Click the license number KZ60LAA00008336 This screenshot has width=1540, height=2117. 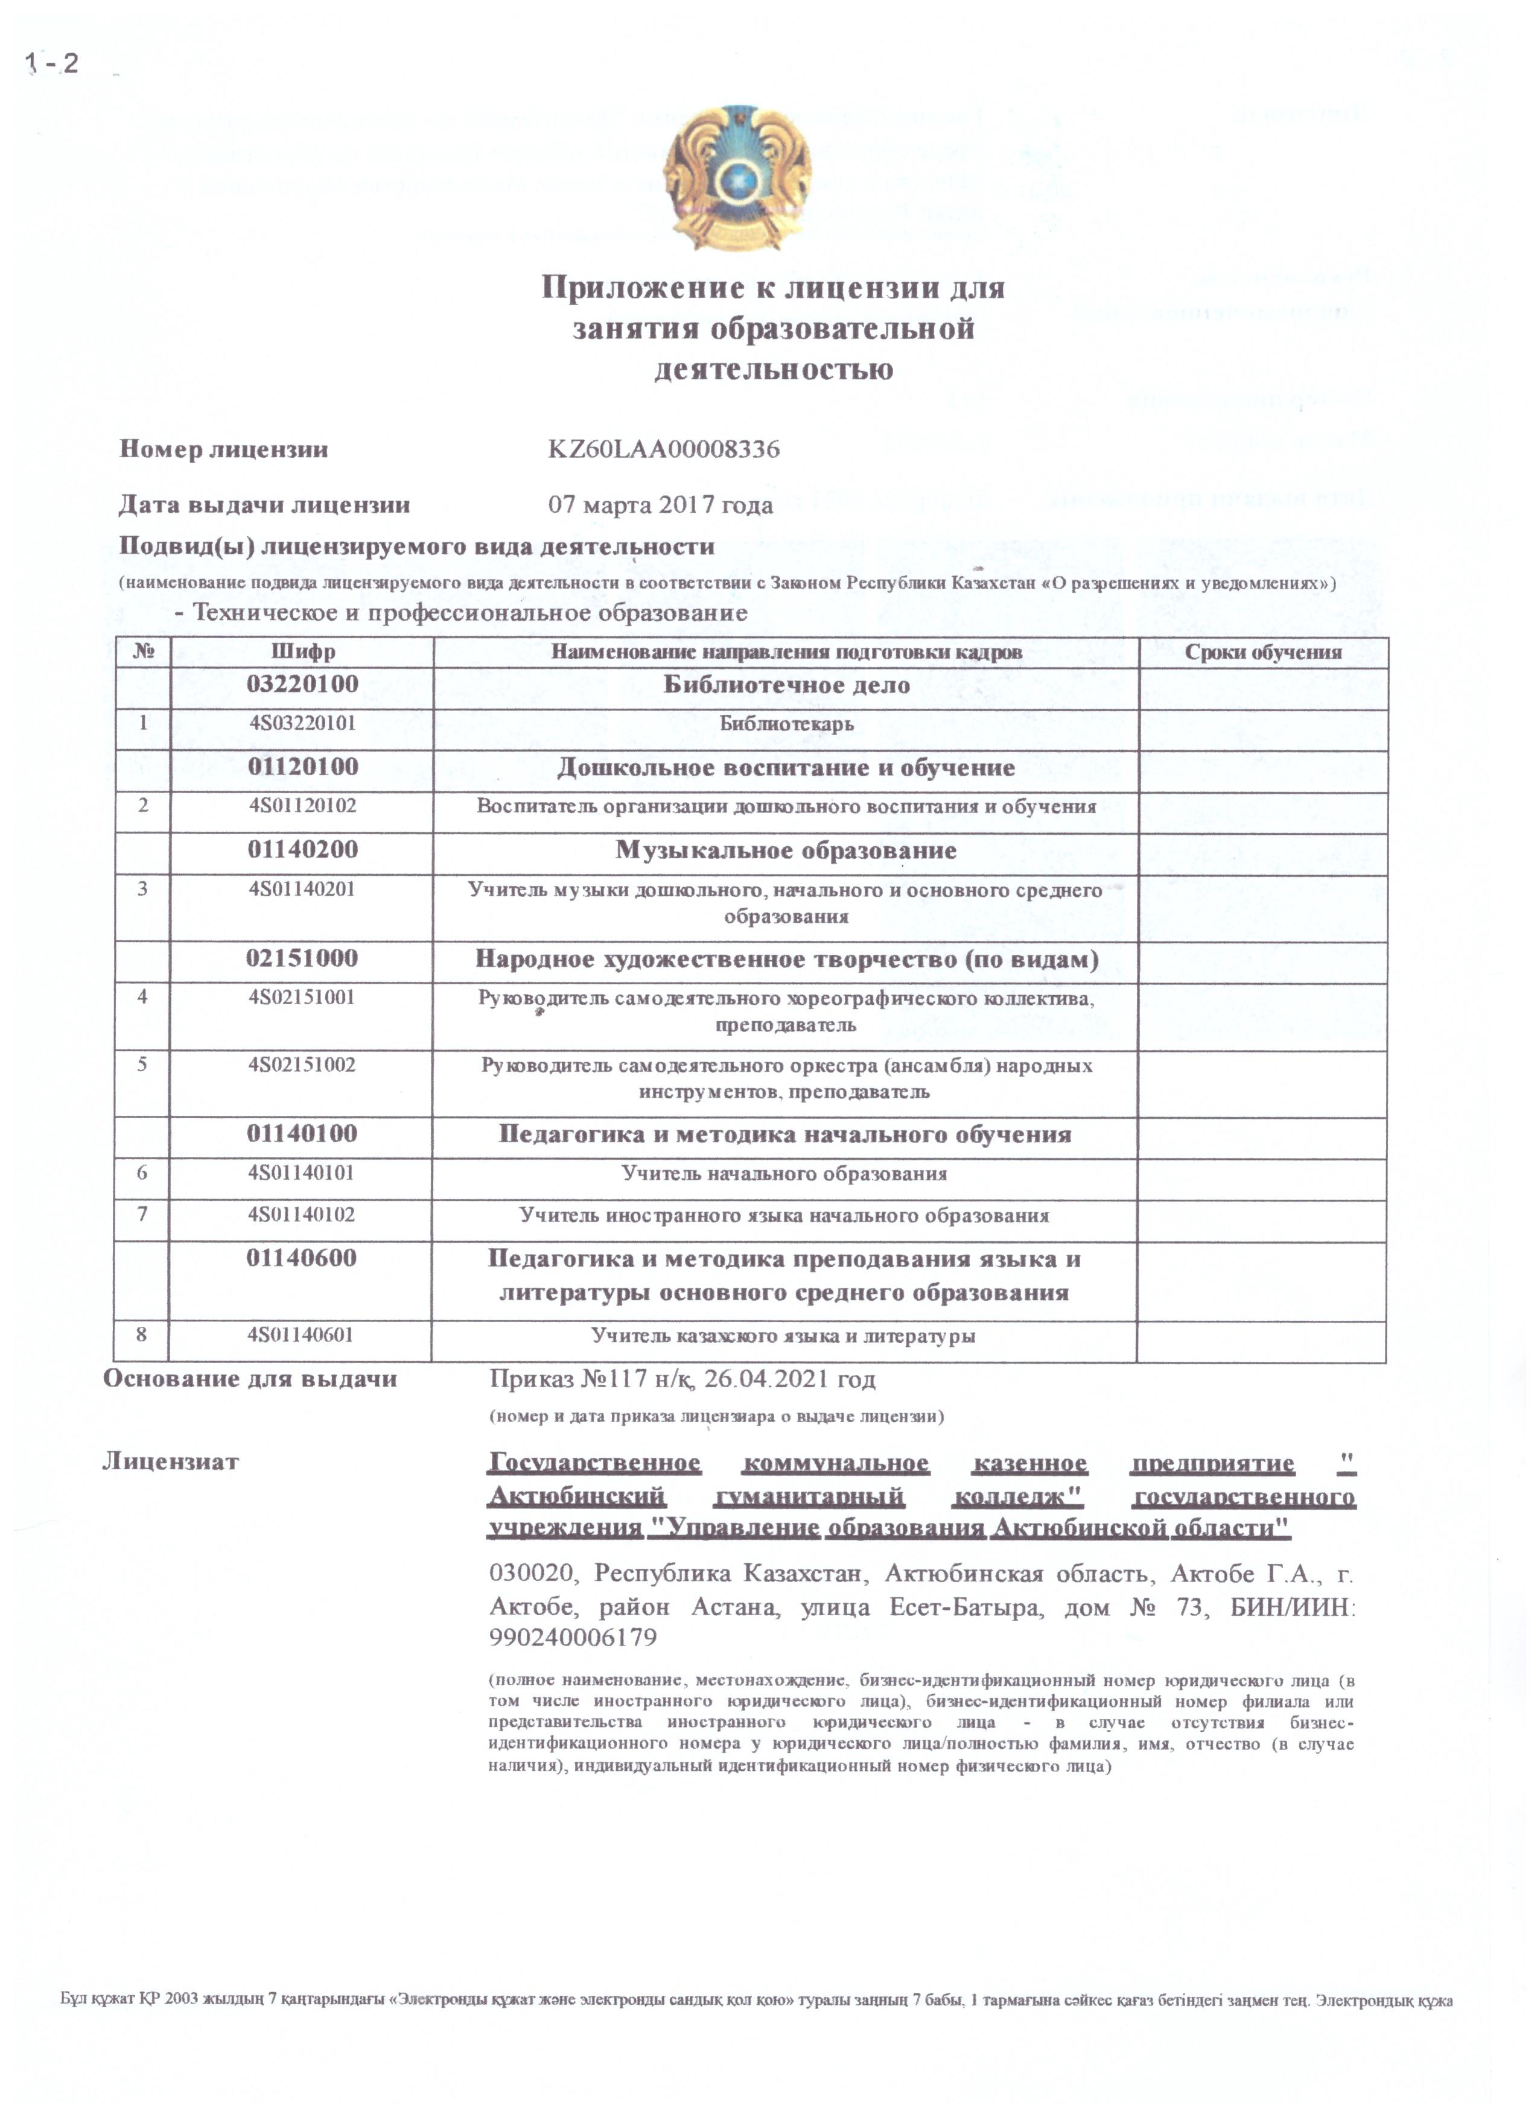pyautogui.click(x=663, y=450)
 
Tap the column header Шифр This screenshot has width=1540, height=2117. pyautogui.click(x=302, y=651)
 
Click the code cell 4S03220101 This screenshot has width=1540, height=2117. pyautogui.click(x=302, y=723)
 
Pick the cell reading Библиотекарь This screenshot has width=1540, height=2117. pyautogui.click(x=786, y=723)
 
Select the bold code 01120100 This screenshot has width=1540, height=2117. pyautogui.click(x=302, y=767)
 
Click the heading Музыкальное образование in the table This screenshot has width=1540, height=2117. pyautogui.click(x=786, y=850)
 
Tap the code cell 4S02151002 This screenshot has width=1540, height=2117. pyautogui.click(x=302, y=1065)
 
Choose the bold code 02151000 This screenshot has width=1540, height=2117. pyautogui.click(x=302, y=958)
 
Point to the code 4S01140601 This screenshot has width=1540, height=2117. pyautogui.click(x=301, y=1335)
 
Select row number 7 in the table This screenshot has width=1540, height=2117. pyautogui.click(x=142, y=1214)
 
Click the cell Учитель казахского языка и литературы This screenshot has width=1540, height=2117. pyautogui.click(x=783, y=1336)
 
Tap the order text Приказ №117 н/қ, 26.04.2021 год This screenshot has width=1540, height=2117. pyautogui.click(x=682, y=1379)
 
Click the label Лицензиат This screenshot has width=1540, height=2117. pyautogui.click(x=170, y=1462)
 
